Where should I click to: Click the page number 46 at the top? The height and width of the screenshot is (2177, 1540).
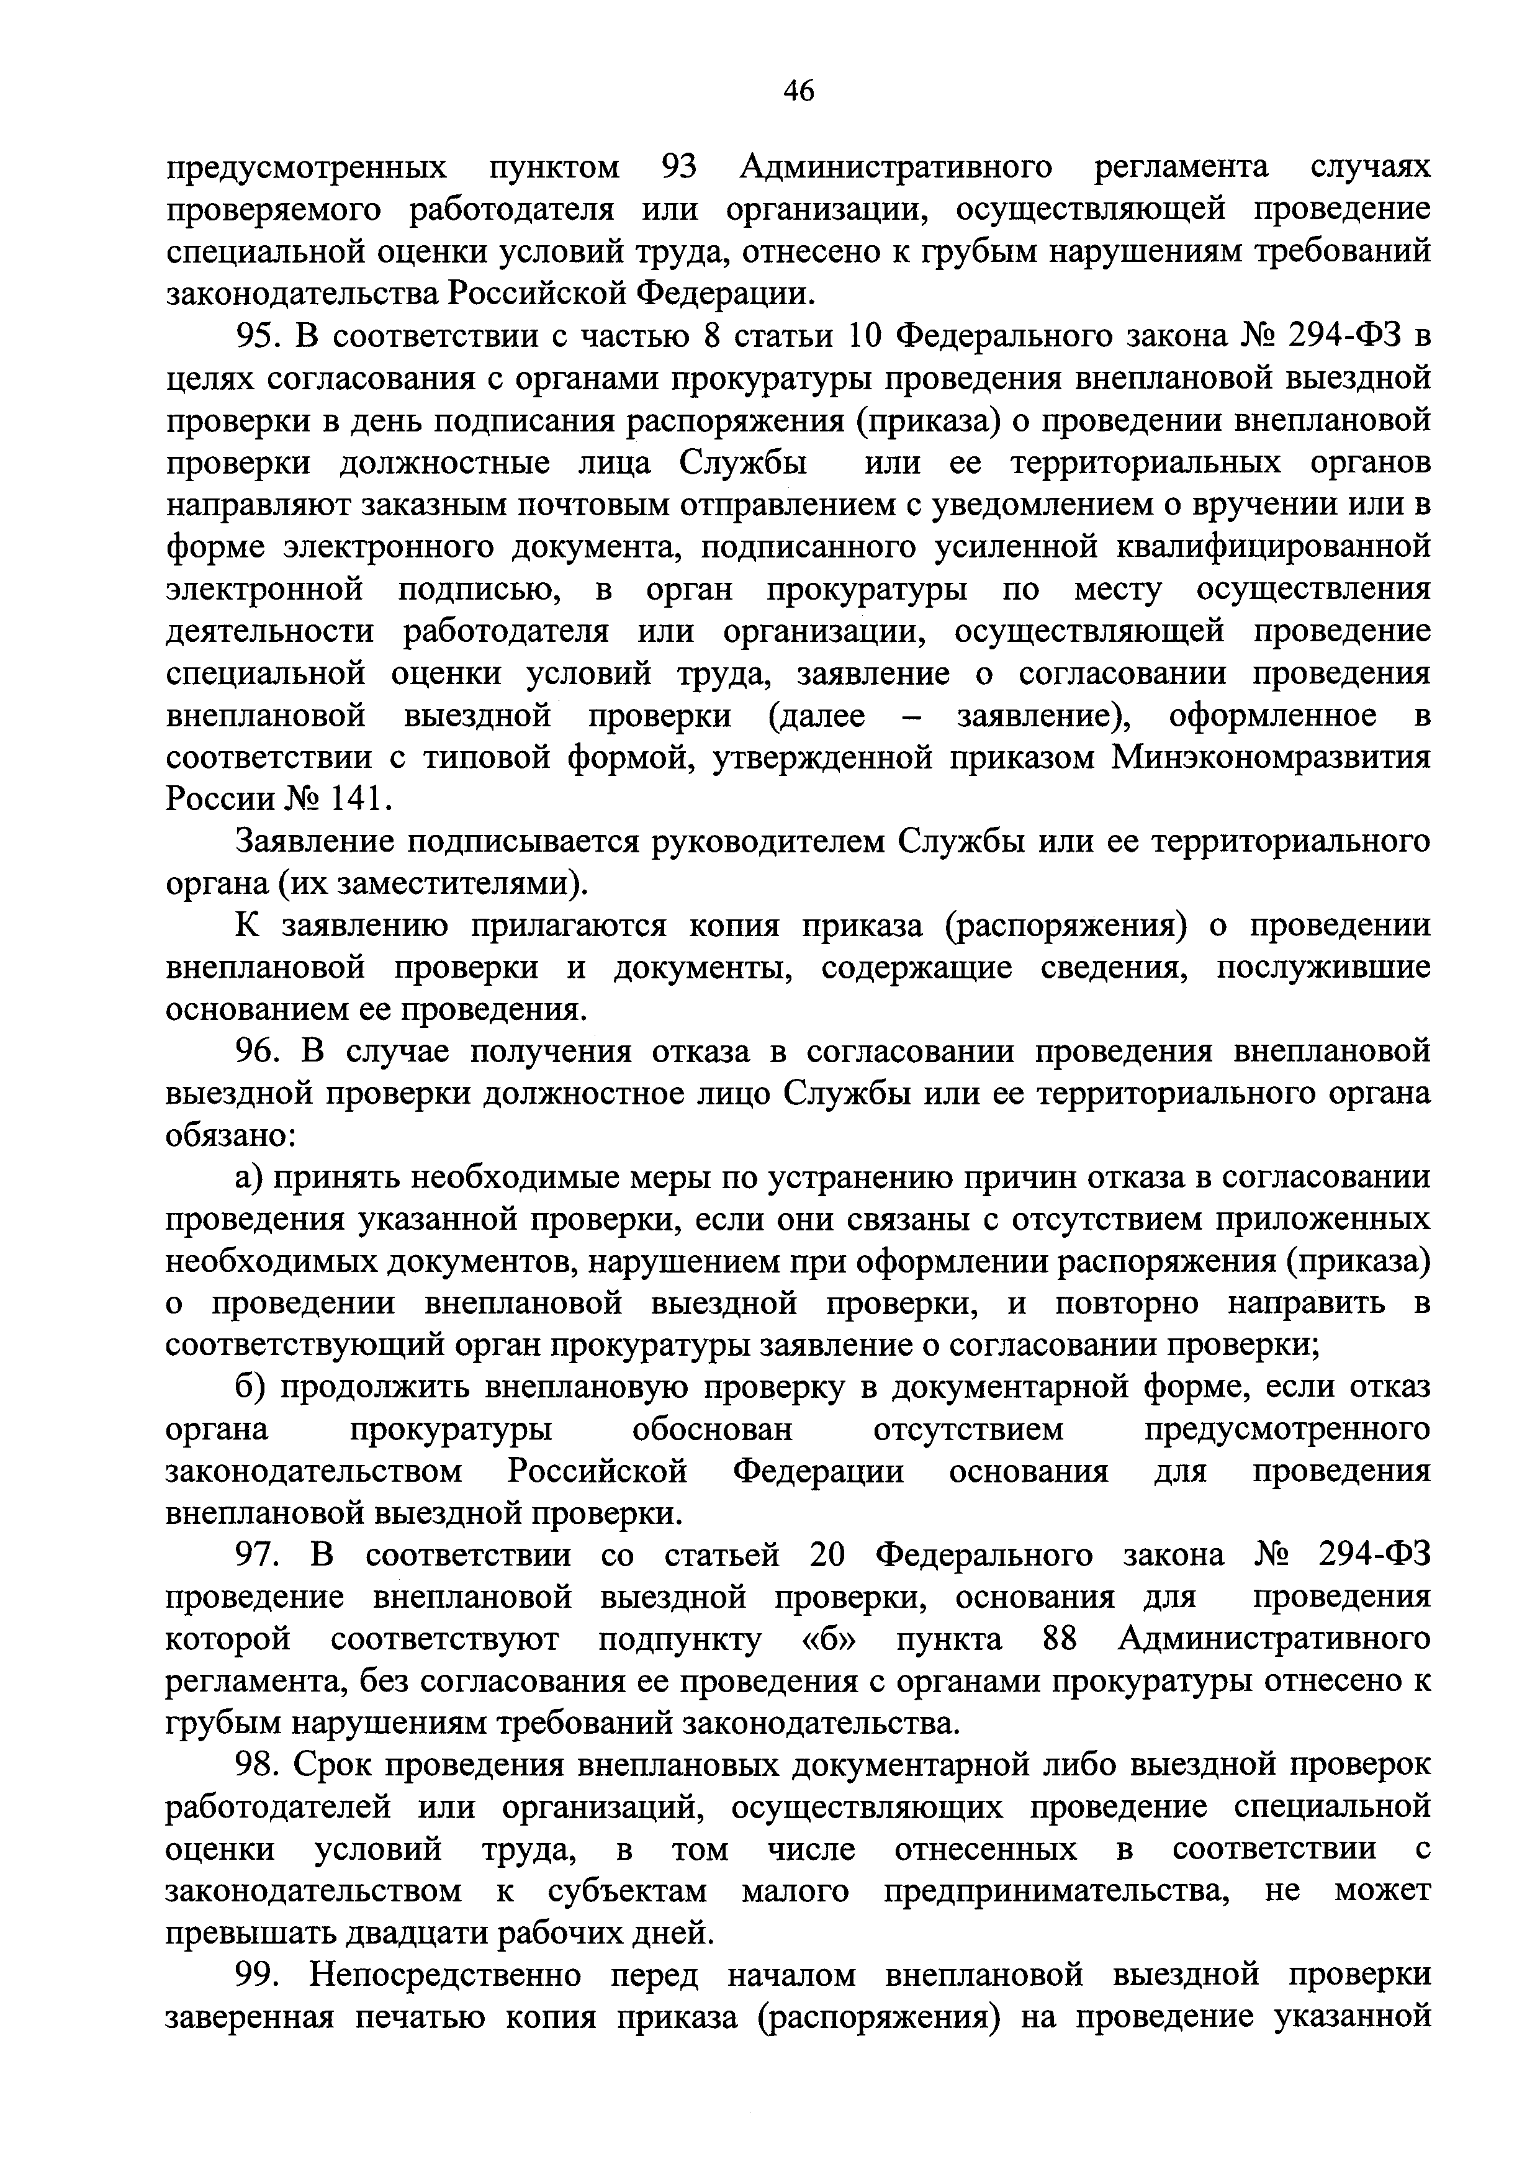tap(798, 91)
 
